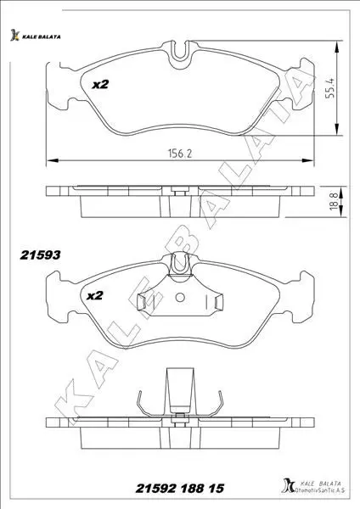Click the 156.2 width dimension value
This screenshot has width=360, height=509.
[x=180, y=153]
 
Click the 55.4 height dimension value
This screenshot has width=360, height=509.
[x=330, y=88]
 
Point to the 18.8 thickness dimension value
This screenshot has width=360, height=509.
[x=334, y=202]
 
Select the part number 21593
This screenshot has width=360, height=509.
[x=40, y=255]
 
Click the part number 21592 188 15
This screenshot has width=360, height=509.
[x=180, y=488]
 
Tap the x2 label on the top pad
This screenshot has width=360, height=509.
[x=100, y=84]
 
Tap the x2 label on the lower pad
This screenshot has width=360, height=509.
[x=95, y=295]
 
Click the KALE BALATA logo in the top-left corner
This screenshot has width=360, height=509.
[x=35, y=36]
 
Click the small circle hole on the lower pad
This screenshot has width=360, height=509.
[x=180, y=297]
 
